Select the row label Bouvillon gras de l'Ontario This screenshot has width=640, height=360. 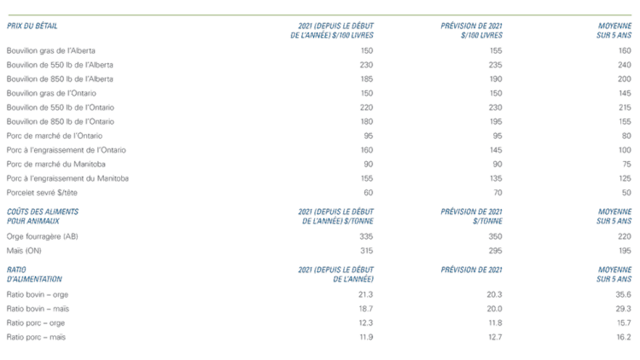click(x=46, y=93)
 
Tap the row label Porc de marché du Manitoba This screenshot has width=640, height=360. click(x=49, y=163)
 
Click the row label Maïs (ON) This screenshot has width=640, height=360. click(x=20, y=250)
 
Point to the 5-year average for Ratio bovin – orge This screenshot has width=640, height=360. click(x=622, y=293)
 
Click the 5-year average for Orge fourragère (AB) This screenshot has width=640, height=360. click(x=624, y=235)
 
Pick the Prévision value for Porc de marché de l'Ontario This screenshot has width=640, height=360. click(x=494, y=135)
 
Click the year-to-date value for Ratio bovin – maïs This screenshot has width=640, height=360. click(x=366, y=308)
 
